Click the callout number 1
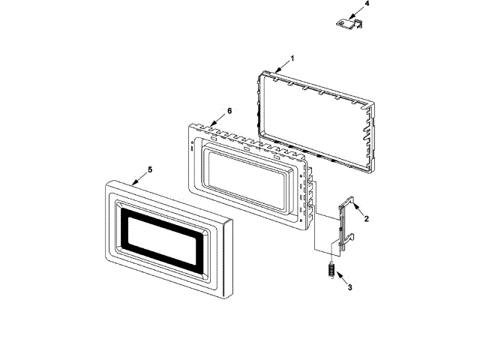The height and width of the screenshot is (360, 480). pyautogui.click(x=292, y=58)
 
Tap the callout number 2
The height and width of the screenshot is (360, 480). pyautogui.click(x=367, y=219)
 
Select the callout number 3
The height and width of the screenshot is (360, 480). pyautogui.click(x=347, y=286)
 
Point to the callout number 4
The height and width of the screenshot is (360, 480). pyautogui.click(x=367, y=4)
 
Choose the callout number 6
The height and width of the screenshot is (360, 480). pyautogui.click(x=229, y=110)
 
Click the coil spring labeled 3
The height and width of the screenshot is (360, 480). pyautogui.click(x=329, y=268)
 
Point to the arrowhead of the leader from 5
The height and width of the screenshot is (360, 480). pyautogui.click(x=133, y=182)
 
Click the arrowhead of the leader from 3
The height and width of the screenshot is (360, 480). pyautogui.click(x=334, y=275)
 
